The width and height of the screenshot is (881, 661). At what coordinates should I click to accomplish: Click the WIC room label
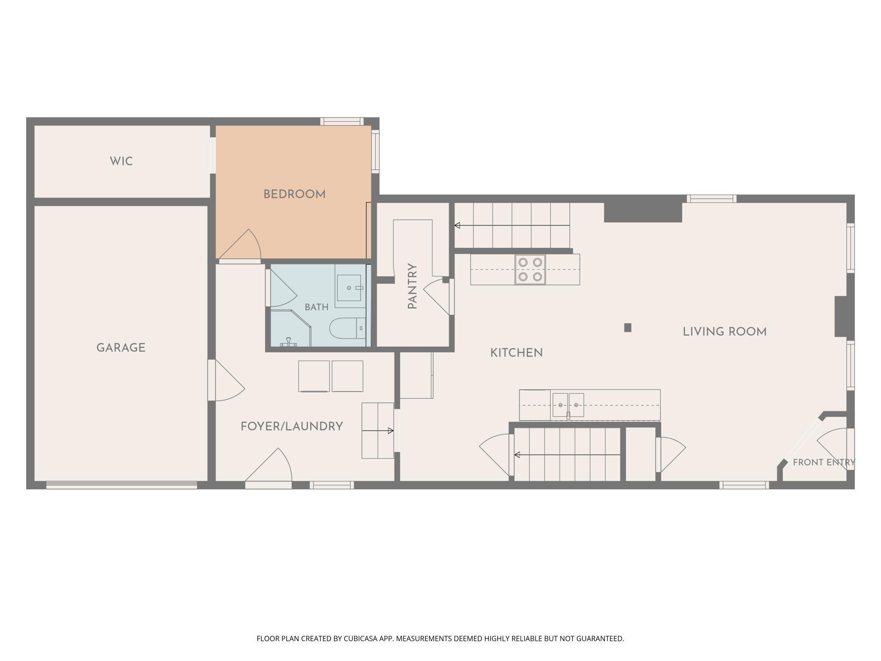point(121,161)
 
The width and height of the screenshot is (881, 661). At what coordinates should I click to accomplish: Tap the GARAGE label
point(121,348)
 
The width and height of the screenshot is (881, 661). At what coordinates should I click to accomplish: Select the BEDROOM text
point(294,194)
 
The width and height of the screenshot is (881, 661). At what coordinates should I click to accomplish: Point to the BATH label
point(316,307)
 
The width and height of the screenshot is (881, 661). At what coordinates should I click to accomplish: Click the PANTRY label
point(413,286)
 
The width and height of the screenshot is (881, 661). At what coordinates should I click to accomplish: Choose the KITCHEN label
point(516,353)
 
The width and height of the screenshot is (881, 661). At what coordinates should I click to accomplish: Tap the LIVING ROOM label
point(725,332)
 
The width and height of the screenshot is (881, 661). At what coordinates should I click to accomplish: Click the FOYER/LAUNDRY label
point(292,426)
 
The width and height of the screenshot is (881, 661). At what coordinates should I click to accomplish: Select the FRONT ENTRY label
point(824,462)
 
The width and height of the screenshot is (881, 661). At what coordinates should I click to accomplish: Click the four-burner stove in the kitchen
point(530,269)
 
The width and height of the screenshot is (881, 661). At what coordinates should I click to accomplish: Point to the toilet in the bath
point(347,328)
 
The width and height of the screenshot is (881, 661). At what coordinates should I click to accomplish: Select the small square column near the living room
point(628,328)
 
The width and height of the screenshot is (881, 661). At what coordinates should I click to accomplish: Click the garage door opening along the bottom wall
point(122,485)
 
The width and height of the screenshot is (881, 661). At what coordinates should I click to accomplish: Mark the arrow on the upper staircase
point(512,225)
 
